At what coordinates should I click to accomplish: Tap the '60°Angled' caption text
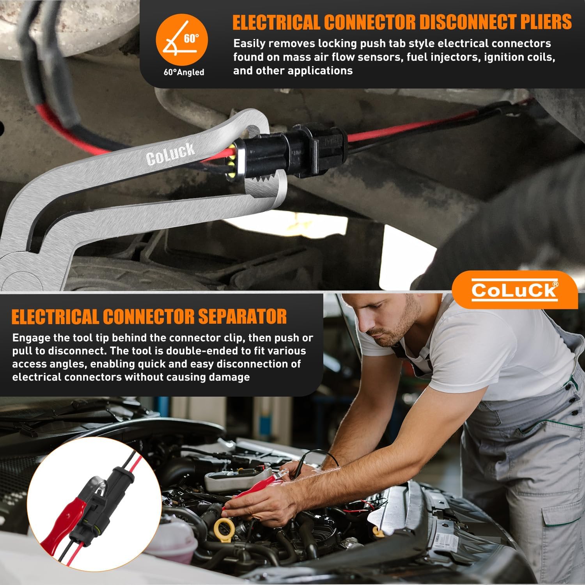pyautogui.click(x=184, y=72)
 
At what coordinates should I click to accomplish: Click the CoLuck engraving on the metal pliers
pyautogui.click(x=170, y=154)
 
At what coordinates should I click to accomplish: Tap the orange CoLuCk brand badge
pyautogui.click(x=515, y=290)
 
